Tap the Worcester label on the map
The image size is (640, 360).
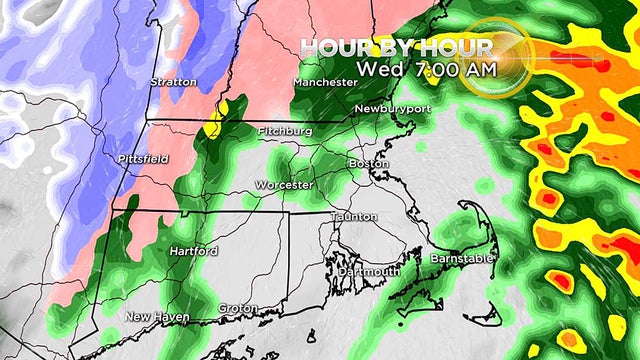[285, 185]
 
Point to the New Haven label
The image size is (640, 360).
[152, 317]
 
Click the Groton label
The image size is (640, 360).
[239, 307]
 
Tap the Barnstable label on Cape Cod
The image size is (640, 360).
[461, 259]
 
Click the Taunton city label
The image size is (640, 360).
[355, 217]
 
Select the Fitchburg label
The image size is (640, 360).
[285, 131]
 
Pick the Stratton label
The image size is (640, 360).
[173, 81]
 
